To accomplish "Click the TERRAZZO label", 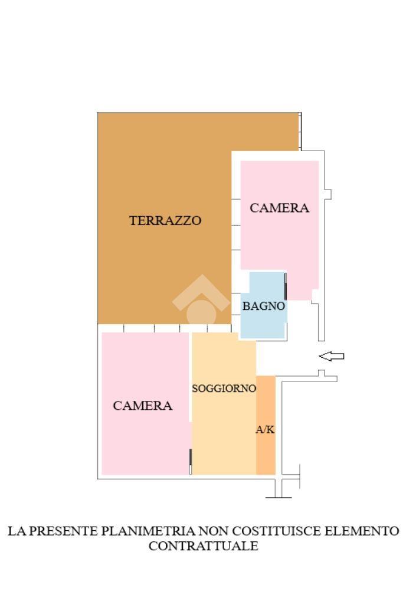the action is (x=165, y=220).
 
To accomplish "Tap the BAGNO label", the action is (x=264, y=306).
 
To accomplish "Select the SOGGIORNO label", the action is (x=224, y=388).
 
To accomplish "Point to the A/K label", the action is (x=265, y=429).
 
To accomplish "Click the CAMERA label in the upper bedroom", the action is (x=280, y=208).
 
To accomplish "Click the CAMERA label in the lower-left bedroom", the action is (x=142, y=406).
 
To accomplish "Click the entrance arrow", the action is (x=332, y=356).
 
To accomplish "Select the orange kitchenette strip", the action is (x=266, y=425).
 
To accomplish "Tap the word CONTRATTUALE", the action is (x=203, y=546).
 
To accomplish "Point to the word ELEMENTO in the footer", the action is (x=362, y=531).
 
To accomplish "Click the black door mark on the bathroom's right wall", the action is (x=285, y=286).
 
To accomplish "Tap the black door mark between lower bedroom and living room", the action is (x=191, y=457).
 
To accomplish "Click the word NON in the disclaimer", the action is (x=214, y=531).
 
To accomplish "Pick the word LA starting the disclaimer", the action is (x=17, y=531).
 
